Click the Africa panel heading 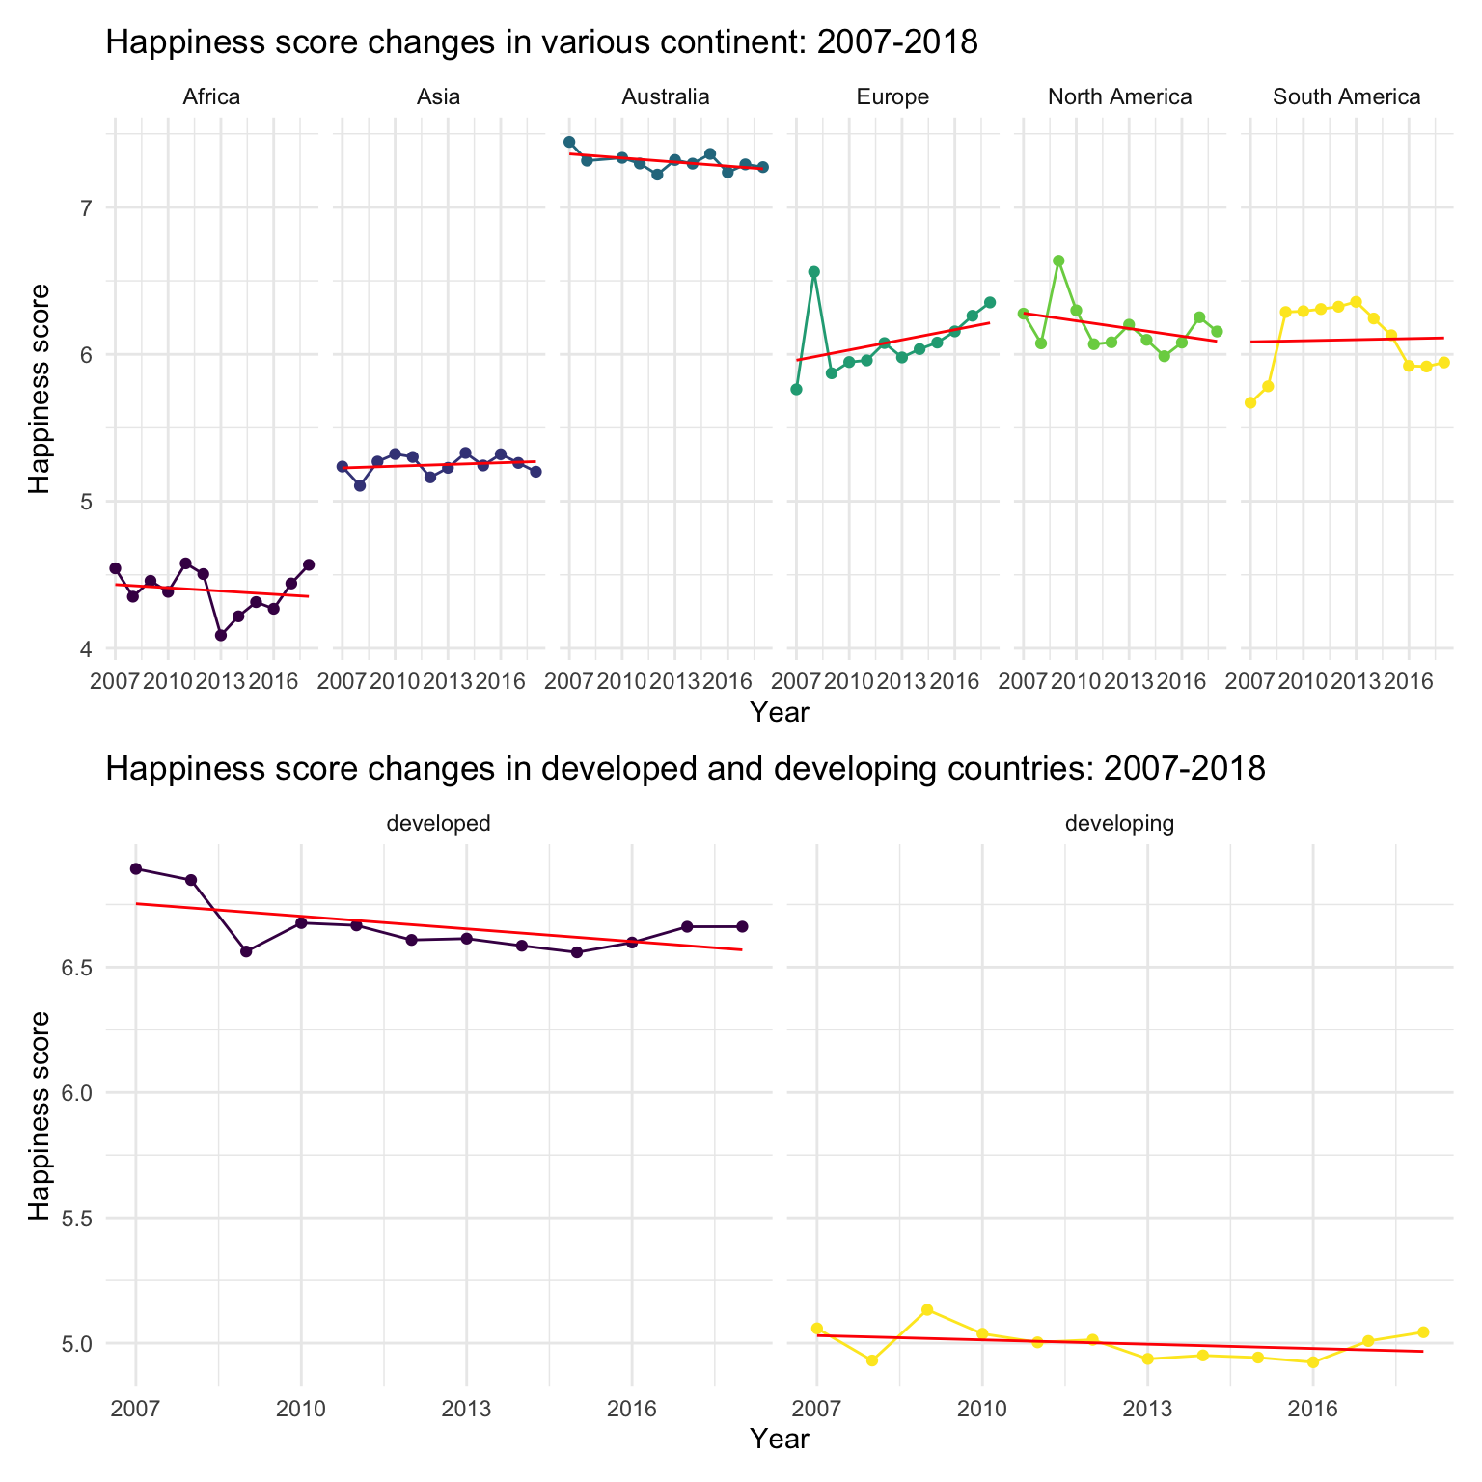point(211,96)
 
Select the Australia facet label point(666,96)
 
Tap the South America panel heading point(1346,96)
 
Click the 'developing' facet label point(1119,823)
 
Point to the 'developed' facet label point(438,823)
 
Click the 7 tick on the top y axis point(85,207)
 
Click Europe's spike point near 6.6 point(813,272)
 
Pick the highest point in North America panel point(1058,261)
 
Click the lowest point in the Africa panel point(221,635)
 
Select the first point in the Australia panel point(569,142)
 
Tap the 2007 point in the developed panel point(136,868)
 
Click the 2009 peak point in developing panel point(927,1309)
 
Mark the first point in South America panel point(1250,402)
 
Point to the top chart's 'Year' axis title point(780,713)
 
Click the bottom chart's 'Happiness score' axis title point(39,1114)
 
